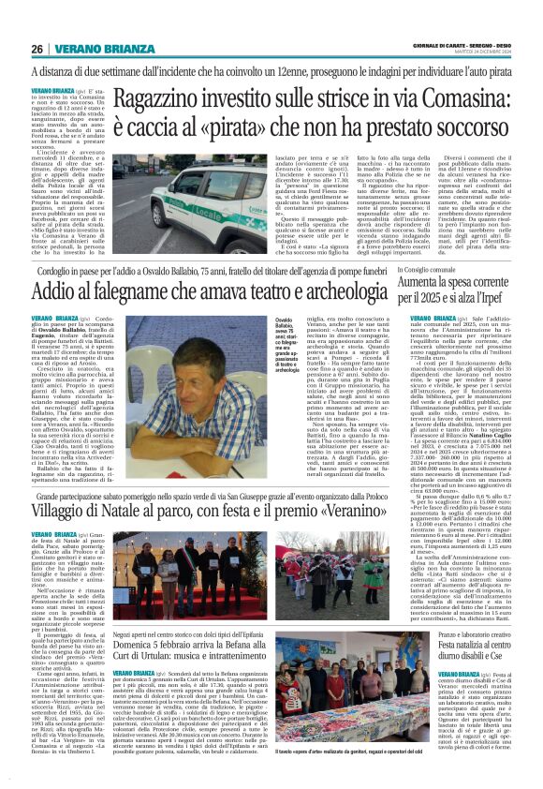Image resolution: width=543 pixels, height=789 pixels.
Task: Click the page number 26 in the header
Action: pyautogui.click(x=37, y=49)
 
